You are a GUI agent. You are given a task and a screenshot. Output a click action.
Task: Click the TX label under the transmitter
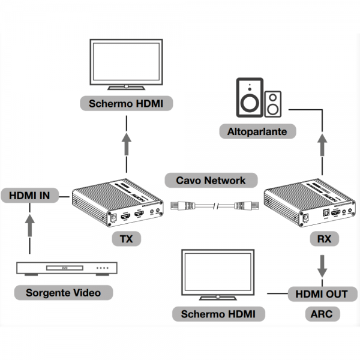coord(126,239)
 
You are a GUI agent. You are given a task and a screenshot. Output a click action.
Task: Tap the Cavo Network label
coord(211,180)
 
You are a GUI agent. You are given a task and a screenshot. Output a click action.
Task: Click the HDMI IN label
coord(29,196)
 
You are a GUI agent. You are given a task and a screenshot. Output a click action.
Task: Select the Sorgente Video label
coord(63,293)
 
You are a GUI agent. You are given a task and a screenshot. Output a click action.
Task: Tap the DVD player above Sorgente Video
coord(66,268)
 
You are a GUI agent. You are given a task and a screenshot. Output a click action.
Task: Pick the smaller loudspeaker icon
coord(274,104)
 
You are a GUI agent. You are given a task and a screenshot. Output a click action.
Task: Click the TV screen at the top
coord(127,64)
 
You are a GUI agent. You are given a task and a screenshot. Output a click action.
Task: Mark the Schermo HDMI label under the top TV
coord(127,103)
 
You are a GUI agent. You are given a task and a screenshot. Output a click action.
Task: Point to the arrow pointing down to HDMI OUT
coord(323,266)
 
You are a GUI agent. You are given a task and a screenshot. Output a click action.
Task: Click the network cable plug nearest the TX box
coord(181,206)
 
